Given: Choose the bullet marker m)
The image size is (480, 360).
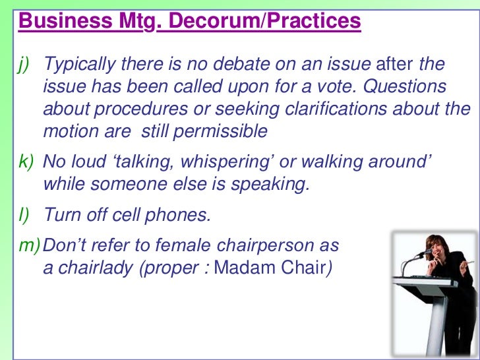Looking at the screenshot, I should [x=28, y=246].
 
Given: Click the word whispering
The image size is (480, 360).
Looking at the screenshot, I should [x=238, y=162].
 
